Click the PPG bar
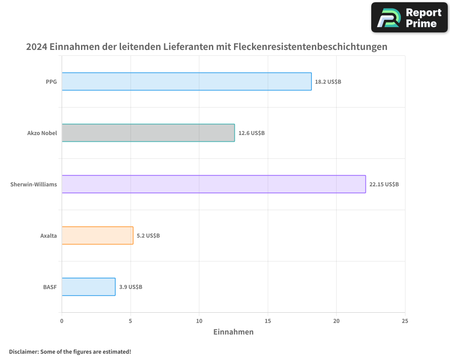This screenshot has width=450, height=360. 186,81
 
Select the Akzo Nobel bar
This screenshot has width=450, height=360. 148,133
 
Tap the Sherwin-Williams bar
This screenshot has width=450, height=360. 213,184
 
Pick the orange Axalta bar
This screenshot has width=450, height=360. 97,235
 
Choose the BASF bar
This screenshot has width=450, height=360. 88,287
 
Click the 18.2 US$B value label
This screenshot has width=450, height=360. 328,82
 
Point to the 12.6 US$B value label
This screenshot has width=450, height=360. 252,133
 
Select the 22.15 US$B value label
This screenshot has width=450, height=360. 384,184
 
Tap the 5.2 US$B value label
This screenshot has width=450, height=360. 148,236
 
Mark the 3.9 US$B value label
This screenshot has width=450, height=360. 130,287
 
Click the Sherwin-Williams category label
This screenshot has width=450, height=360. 34,184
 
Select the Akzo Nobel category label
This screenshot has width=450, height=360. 42,133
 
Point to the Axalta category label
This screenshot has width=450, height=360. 49,236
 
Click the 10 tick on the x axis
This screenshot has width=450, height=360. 199,321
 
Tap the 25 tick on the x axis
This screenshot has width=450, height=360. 405,321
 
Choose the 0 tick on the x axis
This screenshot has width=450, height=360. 62,321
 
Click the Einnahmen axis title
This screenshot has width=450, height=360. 233,332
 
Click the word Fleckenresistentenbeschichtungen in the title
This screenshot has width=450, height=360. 310,47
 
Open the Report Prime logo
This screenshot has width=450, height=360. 409,18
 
